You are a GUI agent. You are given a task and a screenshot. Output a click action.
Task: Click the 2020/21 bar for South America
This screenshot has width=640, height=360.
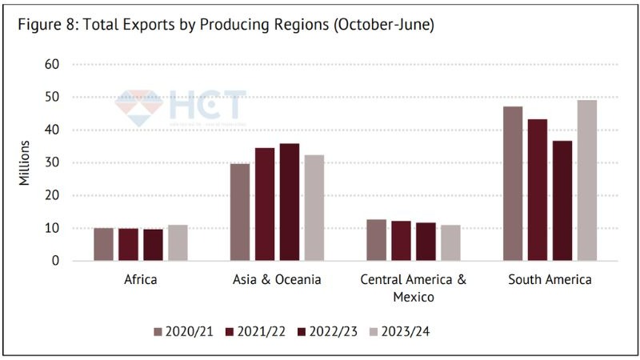(513, 183)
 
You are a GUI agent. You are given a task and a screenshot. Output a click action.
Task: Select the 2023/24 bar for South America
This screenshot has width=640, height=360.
(586, 180)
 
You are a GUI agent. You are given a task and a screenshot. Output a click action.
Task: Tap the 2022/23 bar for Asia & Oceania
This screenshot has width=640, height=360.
(290, 202)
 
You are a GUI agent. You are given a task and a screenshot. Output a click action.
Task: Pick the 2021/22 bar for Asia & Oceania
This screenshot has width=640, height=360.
(265, 204)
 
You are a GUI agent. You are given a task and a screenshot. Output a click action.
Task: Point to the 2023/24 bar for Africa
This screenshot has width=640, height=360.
(178, 242)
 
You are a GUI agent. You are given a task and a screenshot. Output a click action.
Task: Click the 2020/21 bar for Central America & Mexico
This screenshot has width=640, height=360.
(376, 240)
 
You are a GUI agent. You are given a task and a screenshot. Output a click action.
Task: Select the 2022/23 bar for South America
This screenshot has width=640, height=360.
(562, 200)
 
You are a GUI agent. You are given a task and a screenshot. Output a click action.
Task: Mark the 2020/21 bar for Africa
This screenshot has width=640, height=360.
(104, 244)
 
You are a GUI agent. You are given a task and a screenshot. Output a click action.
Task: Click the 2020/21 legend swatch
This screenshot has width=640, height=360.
(158, 330)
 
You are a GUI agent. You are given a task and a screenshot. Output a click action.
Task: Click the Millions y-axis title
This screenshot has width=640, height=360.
(25, 162)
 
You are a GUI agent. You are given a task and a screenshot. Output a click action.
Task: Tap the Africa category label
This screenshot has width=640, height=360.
(141, 280)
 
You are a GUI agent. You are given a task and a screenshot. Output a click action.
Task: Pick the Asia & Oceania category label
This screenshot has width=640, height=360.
(277, 280)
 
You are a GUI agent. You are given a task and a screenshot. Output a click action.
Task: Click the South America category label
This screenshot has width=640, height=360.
(550, 280)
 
